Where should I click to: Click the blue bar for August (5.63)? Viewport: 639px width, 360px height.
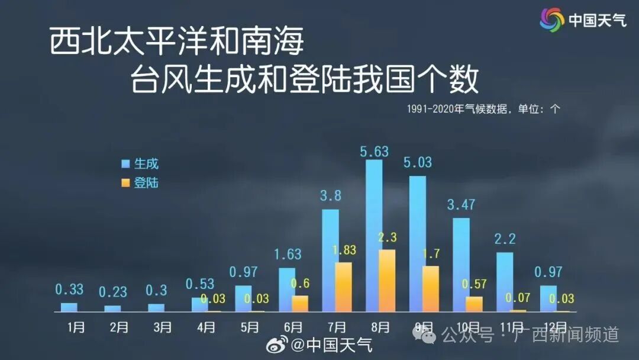point(374,235)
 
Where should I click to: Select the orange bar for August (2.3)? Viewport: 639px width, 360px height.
point(387,281)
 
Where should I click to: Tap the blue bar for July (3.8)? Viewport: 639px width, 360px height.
point(331,260)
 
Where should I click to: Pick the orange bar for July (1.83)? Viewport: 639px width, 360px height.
point(343,287)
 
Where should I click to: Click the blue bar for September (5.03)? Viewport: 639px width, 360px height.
point(418,243)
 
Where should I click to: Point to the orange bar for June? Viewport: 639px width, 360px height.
point(300,303)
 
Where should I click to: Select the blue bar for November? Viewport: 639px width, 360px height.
point(505,282)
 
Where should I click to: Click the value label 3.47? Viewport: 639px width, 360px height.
point(461,205)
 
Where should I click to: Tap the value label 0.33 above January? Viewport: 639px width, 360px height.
point(69,290)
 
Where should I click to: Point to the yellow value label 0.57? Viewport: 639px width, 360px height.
point(474,285)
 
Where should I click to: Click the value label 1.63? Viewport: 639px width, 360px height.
point(287,255)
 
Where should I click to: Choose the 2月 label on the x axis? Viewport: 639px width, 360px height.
point(119,327)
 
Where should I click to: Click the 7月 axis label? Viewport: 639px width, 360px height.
point(337,327)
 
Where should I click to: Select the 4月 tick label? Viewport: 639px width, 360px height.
point(206,327)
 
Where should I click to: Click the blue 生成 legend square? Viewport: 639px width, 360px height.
point(125,164)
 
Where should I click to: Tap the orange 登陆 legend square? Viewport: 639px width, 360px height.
point(125,183)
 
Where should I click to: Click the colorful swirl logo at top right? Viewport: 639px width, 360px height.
point(552,20)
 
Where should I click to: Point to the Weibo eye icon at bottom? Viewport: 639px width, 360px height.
point(277,344)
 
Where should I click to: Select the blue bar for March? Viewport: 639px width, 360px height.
point(156,307)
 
